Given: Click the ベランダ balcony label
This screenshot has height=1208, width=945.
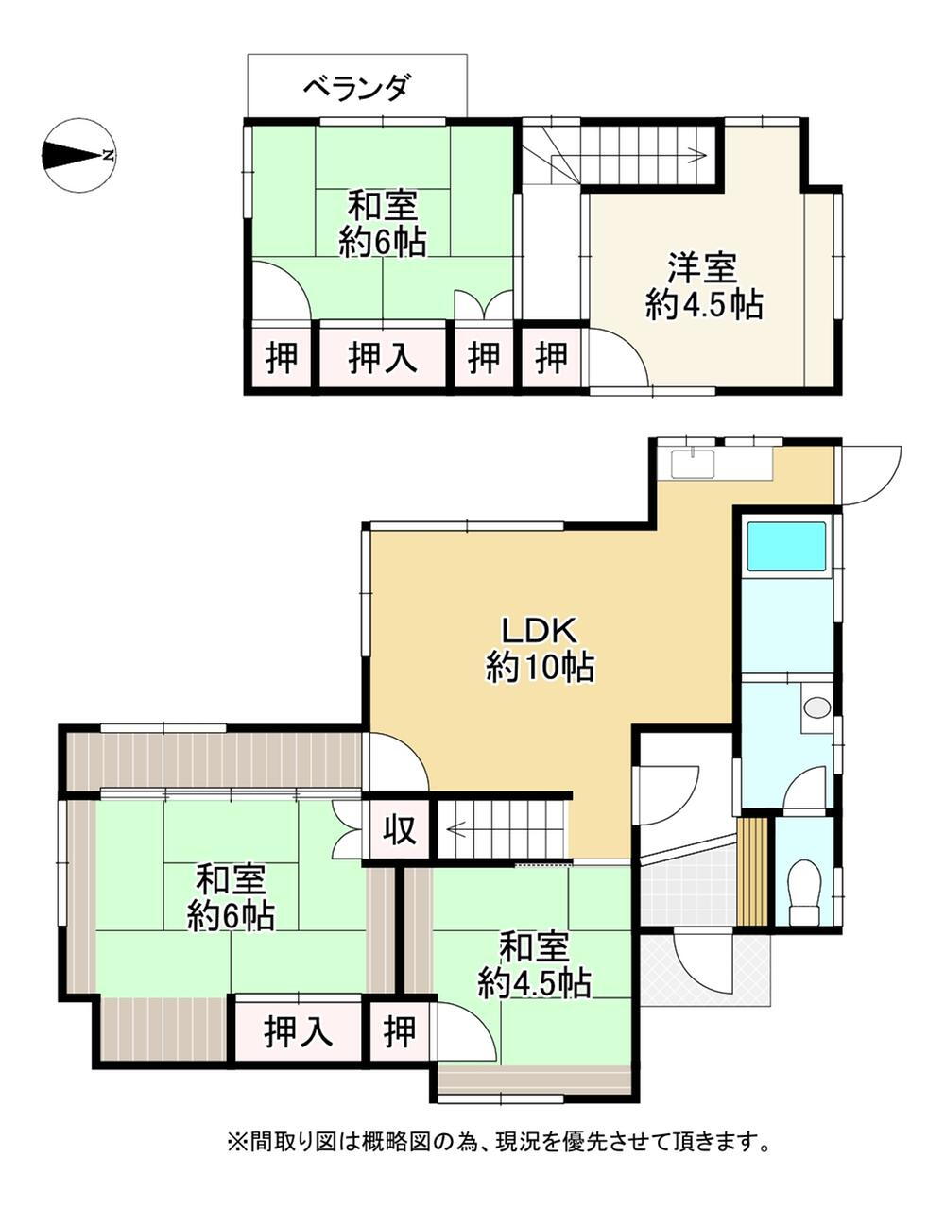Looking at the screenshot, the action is (357, 89).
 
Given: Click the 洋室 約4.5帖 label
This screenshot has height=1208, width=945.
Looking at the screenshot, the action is (703, 286).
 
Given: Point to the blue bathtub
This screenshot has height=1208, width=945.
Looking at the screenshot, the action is (786, 547).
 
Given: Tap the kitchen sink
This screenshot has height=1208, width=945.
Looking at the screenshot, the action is (693, 464).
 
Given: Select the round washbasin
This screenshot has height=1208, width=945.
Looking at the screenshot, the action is (817, 707).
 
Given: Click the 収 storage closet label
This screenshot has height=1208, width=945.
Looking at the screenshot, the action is (401, 831).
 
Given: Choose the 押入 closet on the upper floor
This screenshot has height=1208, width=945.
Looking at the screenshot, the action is (383, 357).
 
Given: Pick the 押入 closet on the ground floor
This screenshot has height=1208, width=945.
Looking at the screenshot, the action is (298, 1032).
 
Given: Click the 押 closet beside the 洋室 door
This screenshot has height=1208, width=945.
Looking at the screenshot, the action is (551, 357).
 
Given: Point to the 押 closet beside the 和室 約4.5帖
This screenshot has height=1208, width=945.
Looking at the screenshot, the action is (400, 1032).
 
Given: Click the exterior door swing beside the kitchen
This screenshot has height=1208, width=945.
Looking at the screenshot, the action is (871, 475).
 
